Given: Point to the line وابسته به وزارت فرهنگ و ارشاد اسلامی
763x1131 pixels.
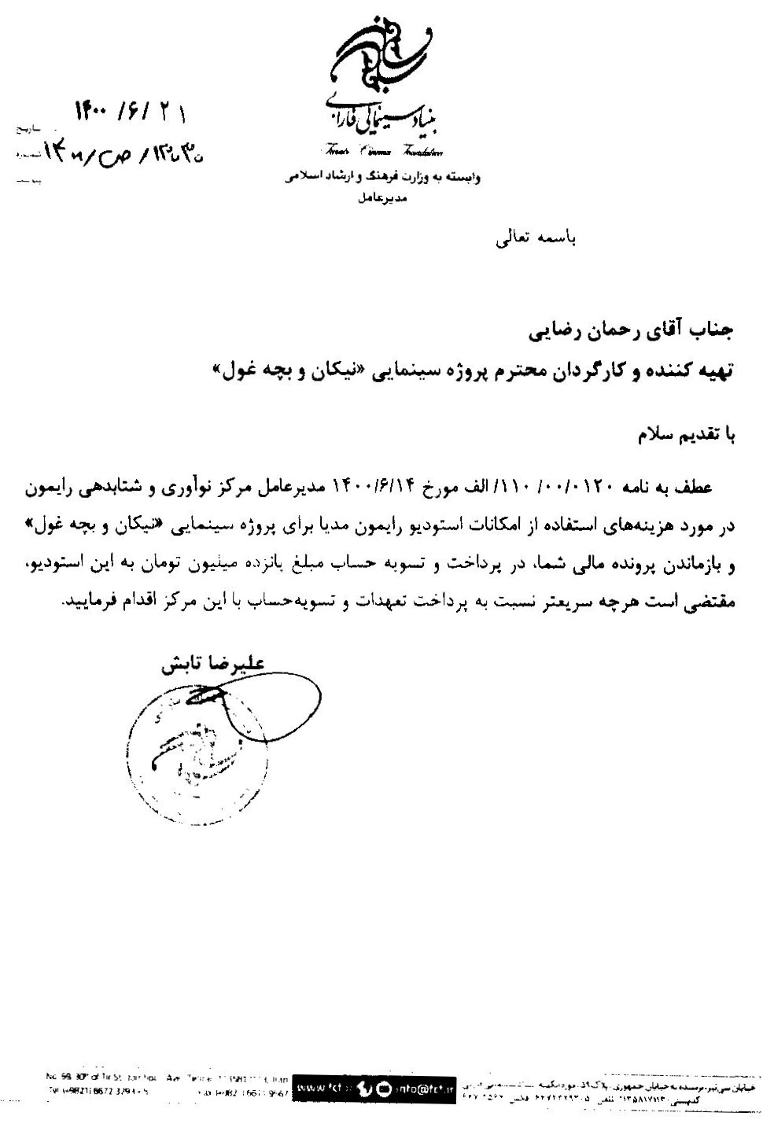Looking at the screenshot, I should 382,178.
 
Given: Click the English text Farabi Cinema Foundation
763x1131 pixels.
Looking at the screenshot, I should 381,151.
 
